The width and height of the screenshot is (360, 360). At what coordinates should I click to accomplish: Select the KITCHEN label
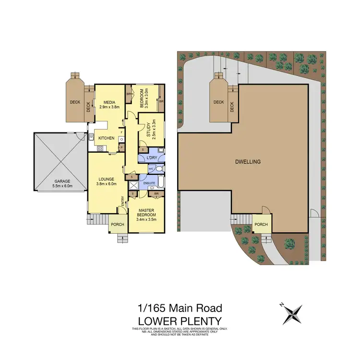pyautogui.click(x=106, y=138)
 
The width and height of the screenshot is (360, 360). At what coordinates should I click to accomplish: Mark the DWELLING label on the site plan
pyautogui.click(x=249, y=162)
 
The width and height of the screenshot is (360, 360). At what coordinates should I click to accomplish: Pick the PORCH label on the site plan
pyautogui.click(x=261, y=224)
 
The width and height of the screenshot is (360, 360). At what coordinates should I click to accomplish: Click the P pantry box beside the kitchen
pyautogui.click(x=121, y=148)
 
